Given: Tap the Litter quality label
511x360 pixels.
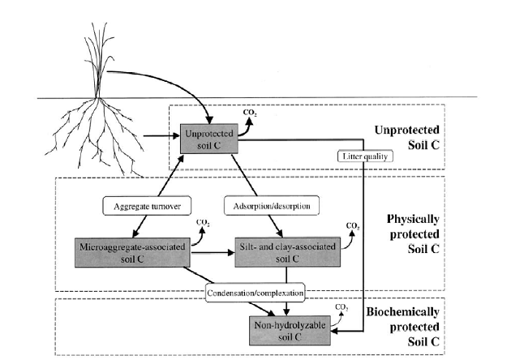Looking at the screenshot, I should tap(358, 155).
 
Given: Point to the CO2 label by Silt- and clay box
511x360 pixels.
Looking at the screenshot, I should tap(354, 225).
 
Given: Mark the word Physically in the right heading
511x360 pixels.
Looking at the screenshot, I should tap(413, 219).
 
